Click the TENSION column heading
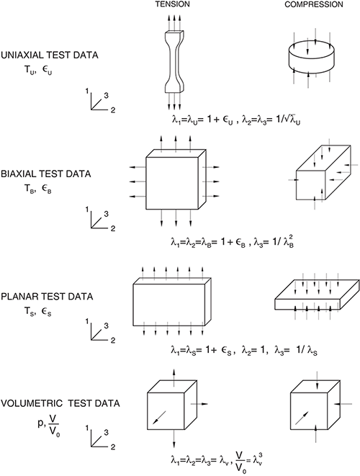(x=172, y=4)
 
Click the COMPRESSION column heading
(x=313, y=4)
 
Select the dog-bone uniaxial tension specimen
(x=174, y=62)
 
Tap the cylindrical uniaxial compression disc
(x=311, y=58)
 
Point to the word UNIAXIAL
(x=23, y=55)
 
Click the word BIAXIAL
(x=20, y=174)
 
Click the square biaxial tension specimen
(x=176, y=179)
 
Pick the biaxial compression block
(x=323, y=172)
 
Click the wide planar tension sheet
(x=172, y=302)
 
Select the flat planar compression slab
(x=318, y=295)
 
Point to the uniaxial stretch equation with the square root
(x=235, y=120)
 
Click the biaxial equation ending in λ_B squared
(x=232, y=242)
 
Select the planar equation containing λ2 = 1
(x=244, y=351)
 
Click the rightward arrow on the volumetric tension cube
(x=199, y=404)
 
